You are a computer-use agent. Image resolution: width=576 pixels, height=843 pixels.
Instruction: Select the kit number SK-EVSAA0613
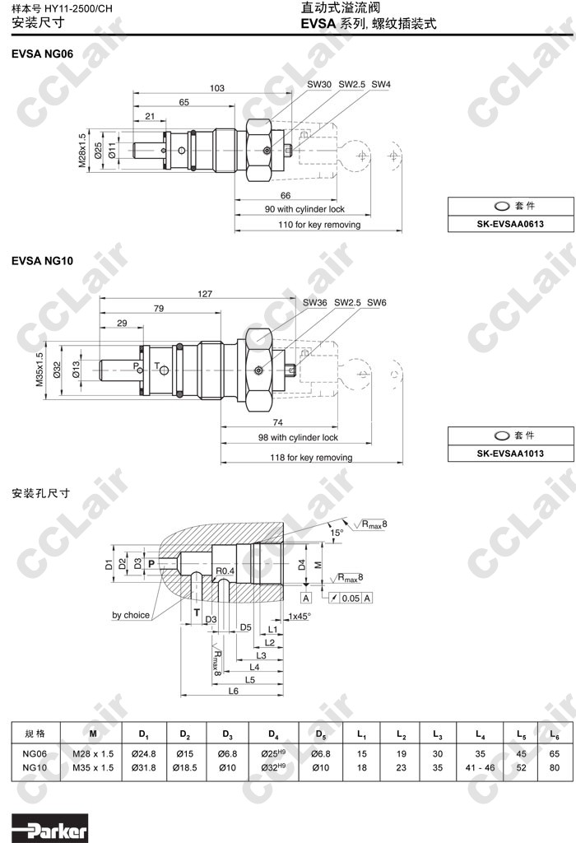tap(510, 224)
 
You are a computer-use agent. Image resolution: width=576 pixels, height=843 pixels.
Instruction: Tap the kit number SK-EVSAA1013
tap(510, 454)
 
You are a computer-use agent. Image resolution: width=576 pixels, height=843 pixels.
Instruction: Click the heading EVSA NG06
tap(43, 54)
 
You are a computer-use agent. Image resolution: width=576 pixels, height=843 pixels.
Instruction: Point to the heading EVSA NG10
tap(43, 261)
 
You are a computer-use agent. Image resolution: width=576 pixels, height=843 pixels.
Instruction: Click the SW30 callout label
tap(319, 85)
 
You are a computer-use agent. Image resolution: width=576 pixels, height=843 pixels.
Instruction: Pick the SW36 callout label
tap(314, 303)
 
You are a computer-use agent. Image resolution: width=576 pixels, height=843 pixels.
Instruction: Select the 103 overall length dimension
tap(217, 88)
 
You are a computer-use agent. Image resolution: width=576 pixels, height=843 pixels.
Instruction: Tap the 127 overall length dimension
tap(205, 294)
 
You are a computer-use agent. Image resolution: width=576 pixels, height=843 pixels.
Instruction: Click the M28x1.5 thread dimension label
tap(82, 151)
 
